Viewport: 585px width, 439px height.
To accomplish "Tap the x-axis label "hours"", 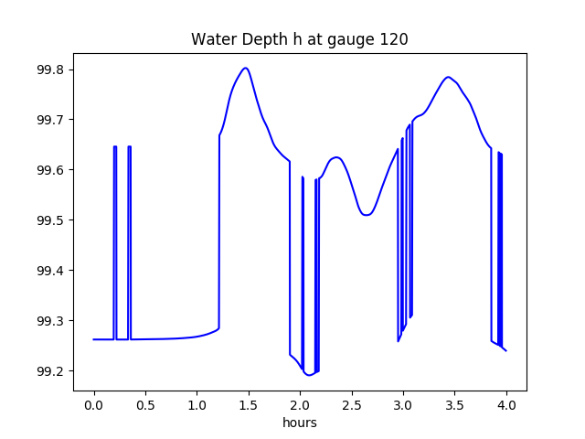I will pos(300,423).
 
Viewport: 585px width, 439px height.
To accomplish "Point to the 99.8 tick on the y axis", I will pos(50,70).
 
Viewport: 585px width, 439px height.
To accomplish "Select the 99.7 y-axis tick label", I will pos(50,121).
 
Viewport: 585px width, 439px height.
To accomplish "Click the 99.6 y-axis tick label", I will pos(50,171).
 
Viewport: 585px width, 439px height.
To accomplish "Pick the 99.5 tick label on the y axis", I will pos(50,221).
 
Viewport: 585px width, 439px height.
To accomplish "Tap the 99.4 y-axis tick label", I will pos(50,272).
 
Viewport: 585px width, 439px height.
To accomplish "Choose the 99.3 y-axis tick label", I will pos(50,322).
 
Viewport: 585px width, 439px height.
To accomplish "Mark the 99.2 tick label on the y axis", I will pos(50,372).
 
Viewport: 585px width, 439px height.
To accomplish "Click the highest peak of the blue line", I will pos(245,68).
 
